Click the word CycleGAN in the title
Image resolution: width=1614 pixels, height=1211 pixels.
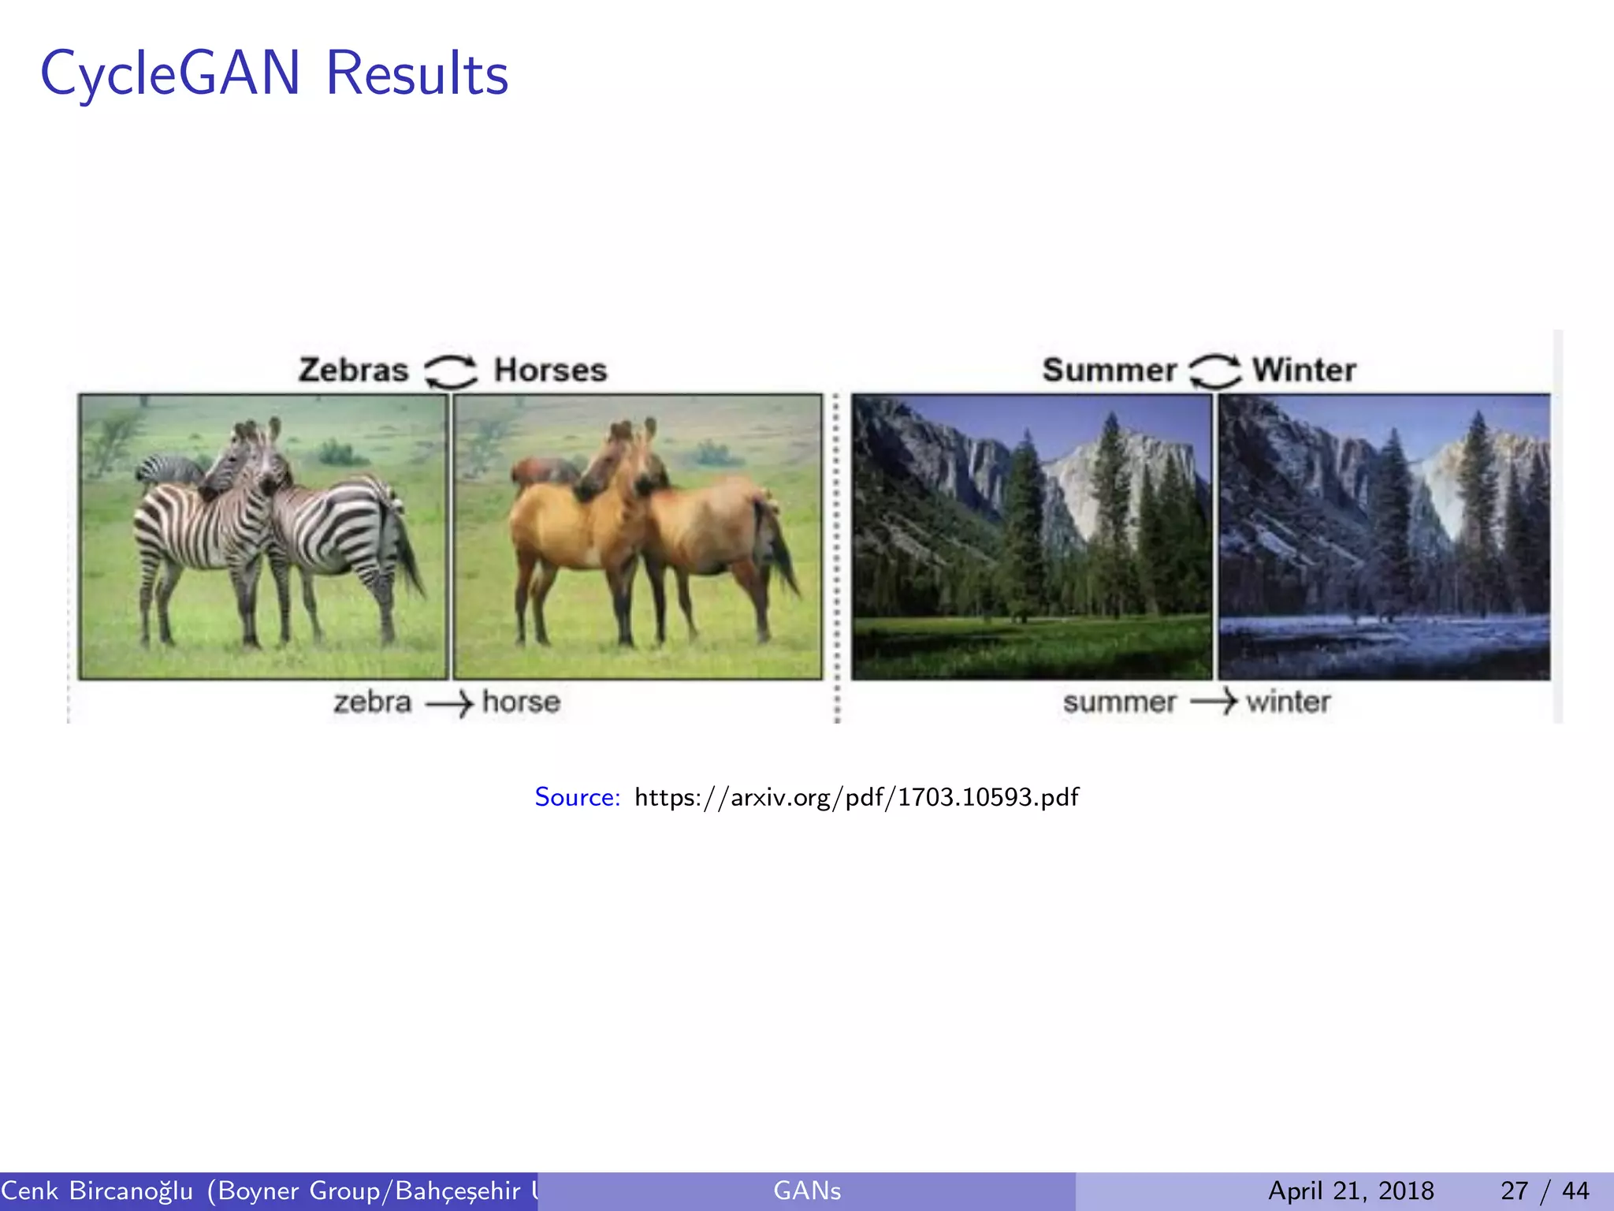(169, 73)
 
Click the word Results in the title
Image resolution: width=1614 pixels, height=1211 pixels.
(417, 73)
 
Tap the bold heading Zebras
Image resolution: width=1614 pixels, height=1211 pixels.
(353, 370)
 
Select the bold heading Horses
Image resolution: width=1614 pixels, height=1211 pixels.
(550, 370)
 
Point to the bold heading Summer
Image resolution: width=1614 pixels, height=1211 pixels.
(1109, 370)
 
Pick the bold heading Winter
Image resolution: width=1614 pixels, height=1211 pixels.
(1304, 370)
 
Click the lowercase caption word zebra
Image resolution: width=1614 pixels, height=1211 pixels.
(372, 702)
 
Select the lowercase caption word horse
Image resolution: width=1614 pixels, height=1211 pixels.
(521, 702)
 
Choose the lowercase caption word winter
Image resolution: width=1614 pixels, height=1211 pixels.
(1288, 702)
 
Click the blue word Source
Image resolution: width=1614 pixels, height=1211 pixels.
(578, 797)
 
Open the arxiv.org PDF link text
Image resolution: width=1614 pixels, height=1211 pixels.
(857, 797)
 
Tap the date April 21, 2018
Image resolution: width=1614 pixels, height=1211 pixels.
(1351, 1191)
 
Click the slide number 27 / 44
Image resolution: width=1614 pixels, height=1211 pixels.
(1545, 1191)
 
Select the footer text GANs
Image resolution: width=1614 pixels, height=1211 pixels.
(807, 1191)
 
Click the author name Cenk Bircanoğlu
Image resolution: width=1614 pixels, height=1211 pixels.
(97, 1191)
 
